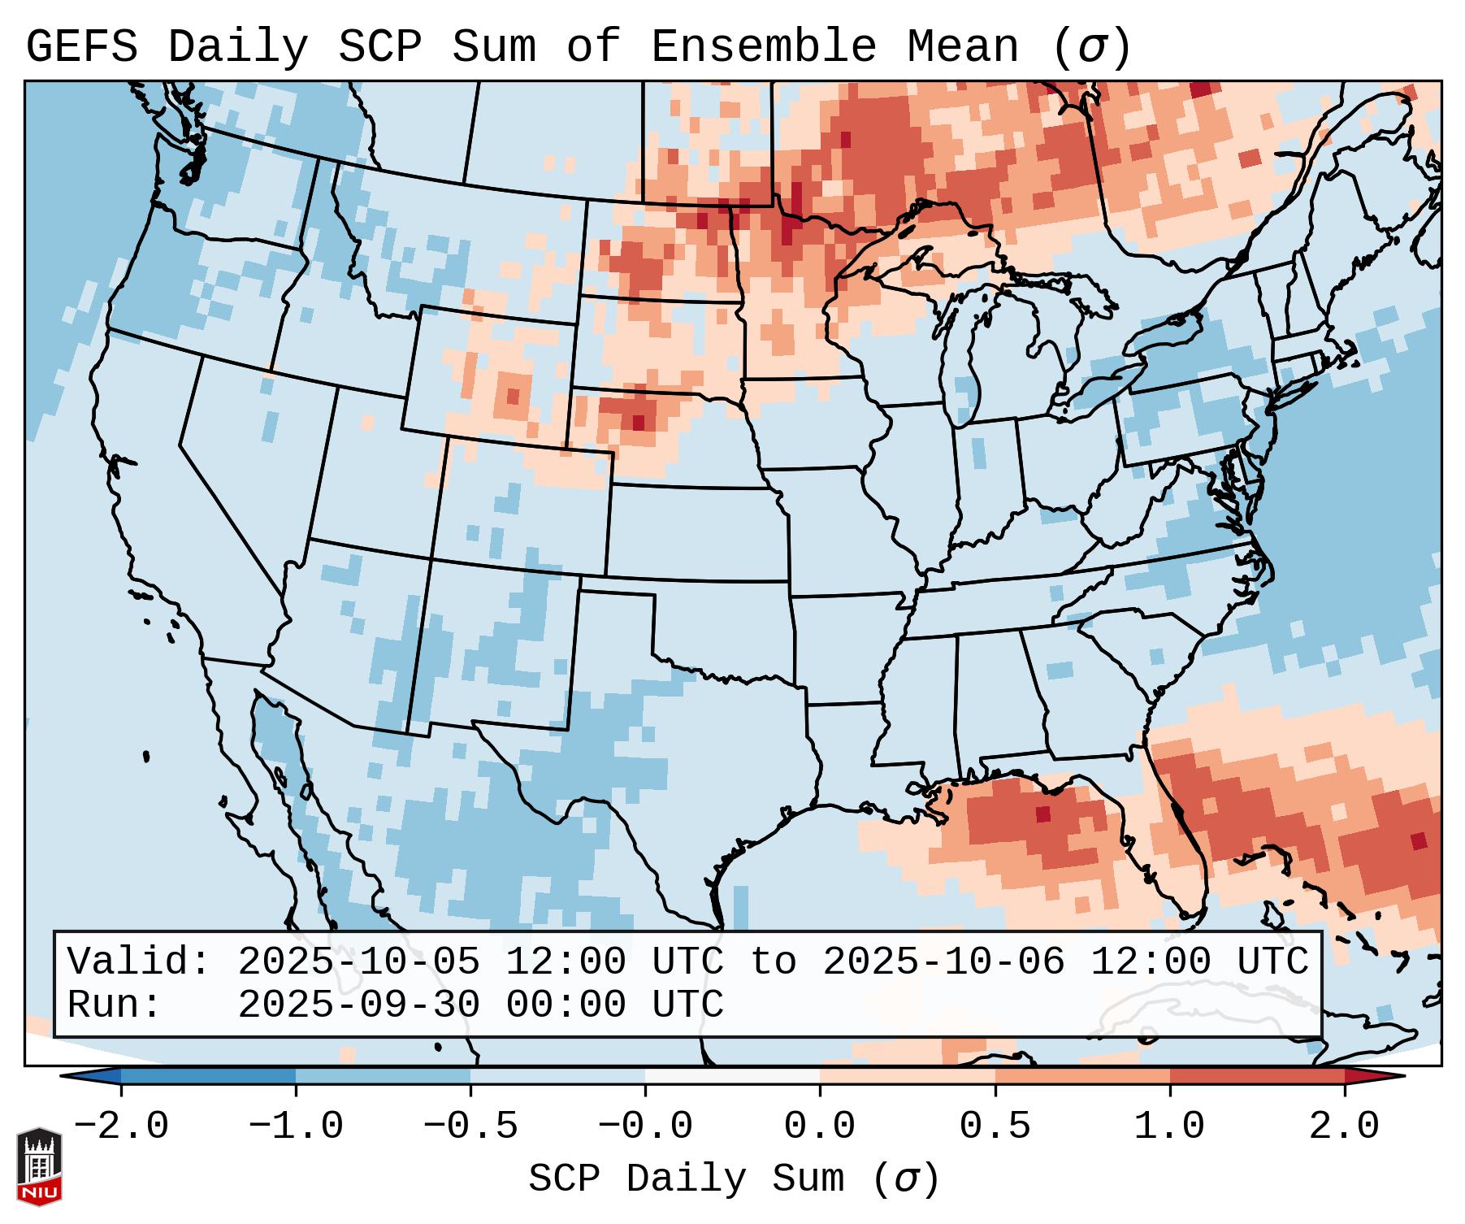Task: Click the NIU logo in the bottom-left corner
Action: coord(39,1165)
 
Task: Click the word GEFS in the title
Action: coord(81,47)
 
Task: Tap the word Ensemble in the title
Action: coord(764,47)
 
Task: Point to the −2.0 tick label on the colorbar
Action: coord(121,1126)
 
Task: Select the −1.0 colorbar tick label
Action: coord(296,1126)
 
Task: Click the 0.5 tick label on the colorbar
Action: coord(995,1126)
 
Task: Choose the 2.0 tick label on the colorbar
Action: coord(1345,1126)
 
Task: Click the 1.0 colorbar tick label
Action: coord(1170,1126)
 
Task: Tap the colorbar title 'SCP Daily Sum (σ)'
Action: coord(734,1178)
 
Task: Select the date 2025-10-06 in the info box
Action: coord(943,962)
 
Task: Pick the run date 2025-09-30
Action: coord(358,1005)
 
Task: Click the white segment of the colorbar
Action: coord(732,1076)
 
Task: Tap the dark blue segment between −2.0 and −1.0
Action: coord(208,1076)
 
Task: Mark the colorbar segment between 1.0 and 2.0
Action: coord(1257,1076)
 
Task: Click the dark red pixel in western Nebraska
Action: coord(638,423)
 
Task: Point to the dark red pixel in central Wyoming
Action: coord(513,396)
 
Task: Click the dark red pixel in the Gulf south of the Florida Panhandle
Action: coord(1043,814)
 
